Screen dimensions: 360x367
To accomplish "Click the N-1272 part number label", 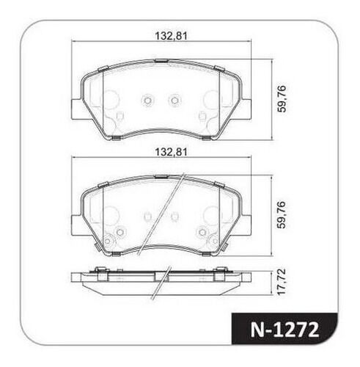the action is click(x=284, y=330).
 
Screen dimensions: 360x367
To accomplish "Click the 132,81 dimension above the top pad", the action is click(x=172, y=36).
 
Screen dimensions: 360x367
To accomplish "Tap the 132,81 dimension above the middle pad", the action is click(x=172, y=152).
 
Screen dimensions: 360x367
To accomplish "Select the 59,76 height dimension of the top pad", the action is click(x=282, y=99).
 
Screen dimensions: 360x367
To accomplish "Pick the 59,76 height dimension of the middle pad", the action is click(x=282, y=215).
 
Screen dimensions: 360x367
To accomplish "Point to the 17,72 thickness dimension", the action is click(x=282, y=282).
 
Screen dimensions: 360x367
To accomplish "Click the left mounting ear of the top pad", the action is click(x=76, y=109).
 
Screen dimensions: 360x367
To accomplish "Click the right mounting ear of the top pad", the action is click(x=246, y=109).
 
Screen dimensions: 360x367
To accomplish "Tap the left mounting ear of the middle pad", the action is click(x=76, y=225).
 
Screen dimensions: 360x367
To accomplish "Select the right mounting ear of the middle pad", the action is click(x=246, y=225).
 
